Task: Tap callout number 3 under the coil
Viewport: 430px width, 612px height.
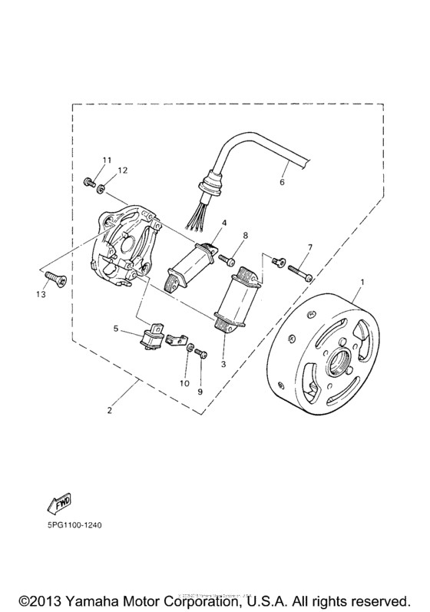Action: point(223,364)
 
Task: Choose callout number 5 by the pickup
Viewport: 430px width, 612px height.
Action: point(115,329)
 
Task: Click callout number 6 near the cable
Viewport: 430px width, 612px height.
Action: point(282,183)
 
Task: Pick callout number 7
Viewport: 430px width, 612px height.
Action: point(309,246)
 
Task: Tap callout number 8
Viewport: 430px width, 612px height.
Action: point(245,236)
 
